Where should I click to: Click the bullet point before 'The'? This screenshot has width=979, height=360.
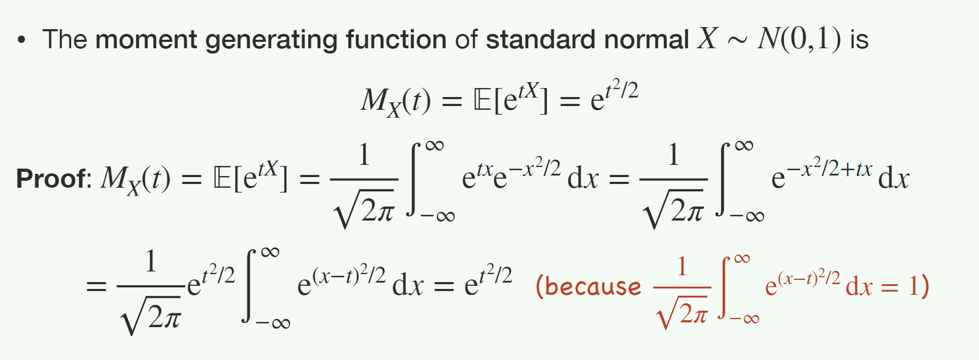(x=21, y=40)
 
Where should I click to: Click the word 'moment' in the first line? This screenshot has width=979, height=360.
(x=146, y=40)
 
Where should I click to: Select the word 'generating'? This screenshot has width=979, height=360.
(x=271, y=41)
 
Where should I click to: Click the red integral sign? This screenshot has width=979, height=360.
(x=727, y=287)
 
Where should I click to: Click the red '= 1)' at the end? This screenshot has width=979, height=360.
(x=905, y=287)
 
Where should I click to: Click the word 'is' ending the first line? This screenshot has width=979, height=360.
(x=859, y=40)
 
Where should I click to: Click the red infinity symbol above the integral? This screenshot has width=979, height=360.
(x=742, y=259)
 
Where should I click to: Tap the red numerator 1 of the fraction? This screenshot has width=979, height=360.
(x=682, y=266)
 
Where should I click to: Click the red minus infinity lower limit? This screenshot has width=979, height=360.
(x=745, y=319)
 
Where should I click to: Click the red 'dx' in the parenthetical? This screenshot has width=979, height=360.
(x=859, y=286)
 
